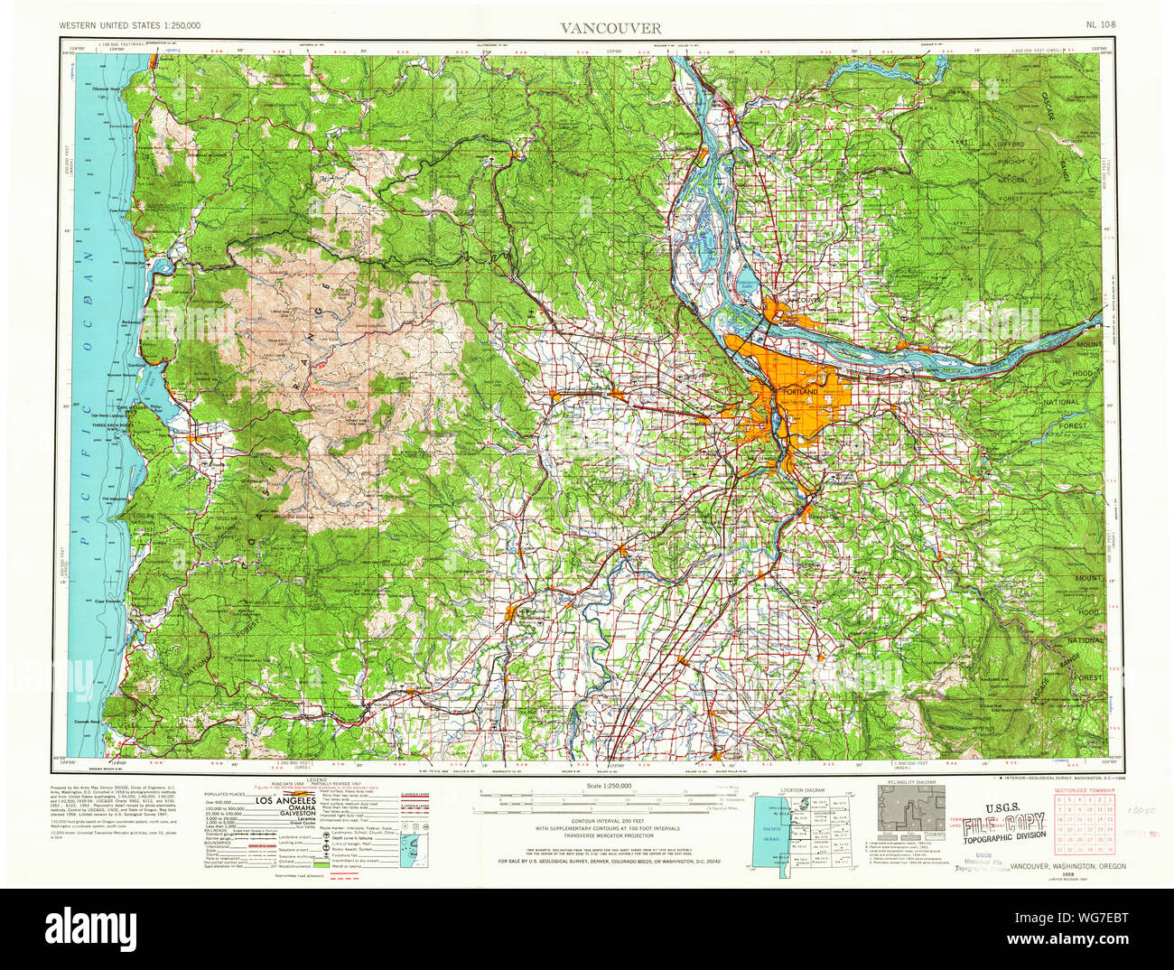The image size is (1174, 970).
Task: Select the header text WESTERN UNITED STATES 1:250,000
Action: [x=130, y=27]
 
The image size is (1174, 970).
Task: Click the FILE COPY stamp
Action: [x=1003, y=823]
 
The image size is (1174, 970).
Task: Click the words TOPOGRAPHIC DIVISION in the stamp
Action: [x=1003, y=836]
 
